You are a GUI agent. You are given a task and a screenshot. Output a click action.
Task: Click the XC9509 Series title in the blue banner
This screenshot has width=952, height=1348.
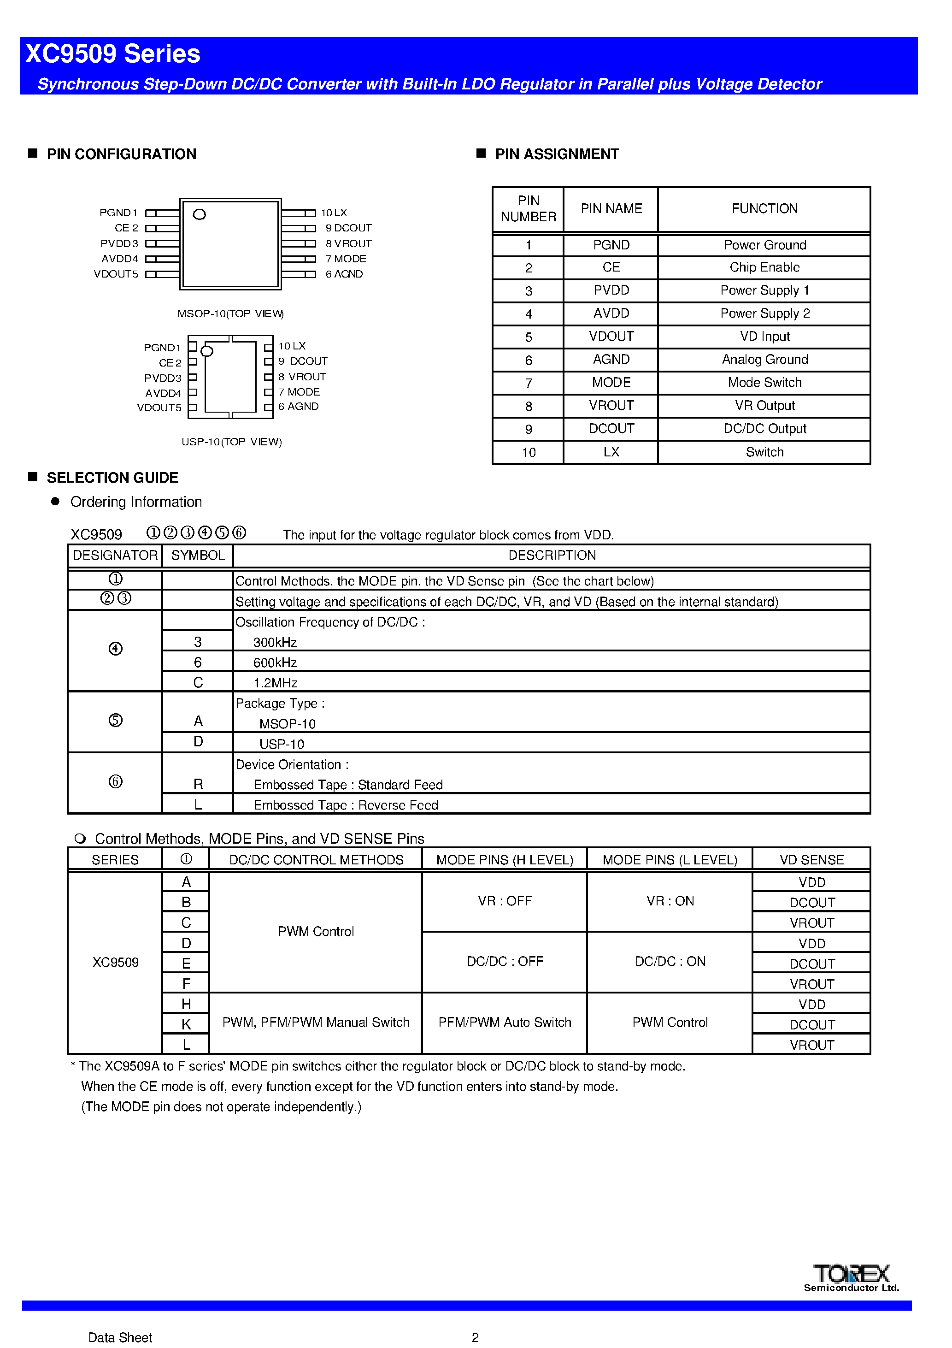tap(113, 54)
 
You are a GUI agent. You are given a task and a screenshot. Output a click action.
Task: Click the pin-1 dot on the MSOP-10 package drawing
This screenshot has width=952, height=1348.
tap(200, 214)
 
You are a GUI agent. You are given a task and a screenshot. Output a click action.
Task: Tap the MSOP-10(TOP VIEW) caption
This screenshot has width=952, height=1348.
tap(231, 314)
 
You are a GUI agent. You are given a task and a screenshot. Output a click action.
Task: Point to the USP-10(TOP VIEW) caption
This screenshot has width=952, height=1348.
tap(232, 442)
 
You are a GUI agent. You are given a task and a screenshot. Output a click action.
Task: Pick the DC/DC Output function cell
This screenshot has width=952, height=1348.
tap(764, 429)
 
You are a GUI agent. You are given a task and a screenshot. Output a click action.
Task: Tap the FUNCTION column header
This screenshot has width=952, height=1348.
tap(764, 209)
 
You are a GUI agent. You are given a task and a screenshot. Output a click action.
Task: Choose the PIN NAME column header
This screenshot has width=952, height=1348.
tap(611, 209)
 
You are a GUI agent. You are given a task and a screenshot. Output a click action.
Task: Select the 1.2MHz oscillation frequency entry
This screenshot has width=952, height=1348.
tap(275, 683)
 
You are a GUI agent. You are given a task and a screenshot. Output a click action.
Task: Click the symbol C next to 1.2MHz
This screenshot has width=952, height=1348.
tap(198, 683)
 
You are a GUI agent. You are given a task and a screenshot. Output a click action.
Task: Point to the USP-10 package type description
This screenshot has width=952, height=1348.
tap(282, 745)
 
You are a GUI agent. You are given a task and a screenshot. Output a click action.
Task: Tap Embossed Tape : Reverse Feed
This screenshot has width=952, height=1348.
tap(346, 805)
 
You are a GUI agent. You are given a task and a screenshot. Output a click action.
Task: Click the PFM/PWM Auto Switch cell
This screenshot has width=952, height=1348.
tap(505, 1023)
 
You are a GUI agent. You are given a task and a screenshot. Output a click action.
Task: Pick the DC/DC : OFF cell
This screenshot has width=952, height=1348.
tap(505, 962)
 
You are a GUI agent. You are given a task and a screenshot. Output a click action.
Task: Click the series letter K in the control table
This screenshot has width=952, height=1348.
tap(186, 1024)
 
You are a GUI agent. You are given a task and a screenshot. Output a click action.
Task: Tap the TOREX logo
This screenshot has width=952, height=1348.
tap(851, 1274)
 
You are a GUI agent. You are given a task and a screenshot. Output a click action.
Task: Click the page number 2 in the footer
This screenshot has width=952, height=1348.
tap(476, 1337)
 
